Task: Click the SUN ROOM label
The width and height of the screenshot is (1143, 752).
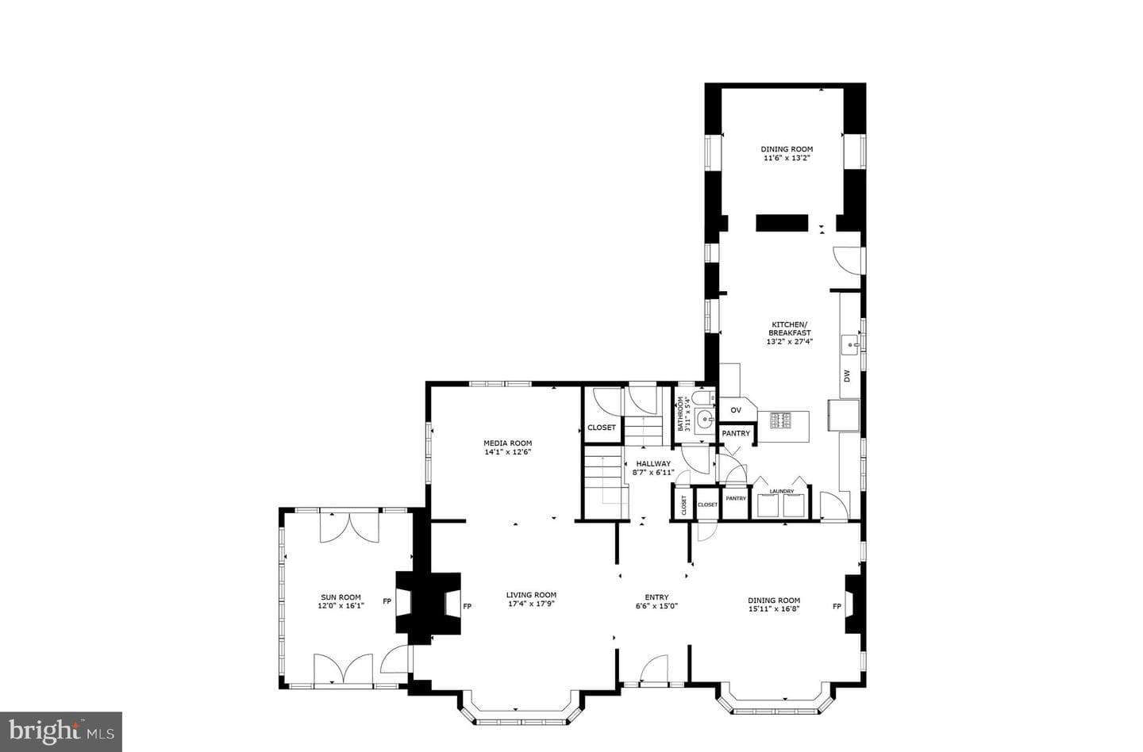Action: [341, 597]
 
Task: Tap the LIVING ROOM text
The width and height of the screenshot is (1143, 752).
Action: [531, 594]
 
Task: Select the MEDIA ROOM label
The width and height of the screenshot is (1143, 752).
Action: [508, 443]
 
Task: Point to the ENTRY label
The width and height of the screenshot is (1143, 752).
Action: [656, 597]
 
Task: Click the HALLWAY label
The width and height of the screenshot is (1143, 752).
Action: [653, 463]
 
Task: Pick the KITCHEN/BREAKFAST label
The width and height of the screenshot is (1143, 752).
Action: [789, 328]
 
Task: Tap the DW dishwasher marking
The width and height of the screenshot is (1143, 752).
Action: [848, 376]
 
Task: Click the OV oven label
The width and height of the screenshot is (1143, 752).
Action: [736, 410]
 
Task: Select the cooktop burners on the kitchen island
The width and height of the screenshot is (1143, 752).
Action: [781, 420]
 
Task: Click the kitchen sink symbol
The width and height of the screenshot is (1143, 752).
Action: [851, 345]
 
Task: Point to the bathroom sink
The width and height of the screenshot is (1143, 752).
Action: [705, 421]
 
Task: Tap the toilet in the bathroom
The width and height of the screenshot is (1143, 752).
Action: [705, 397]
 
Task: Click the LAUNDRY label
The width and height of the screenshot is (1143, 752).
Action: [782, 491]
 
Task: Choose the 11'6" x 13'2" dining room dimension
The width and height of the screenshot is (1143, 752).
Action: [787, 158]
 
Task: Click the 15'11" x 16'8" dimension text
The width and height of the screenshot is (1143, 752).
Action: [774, 608]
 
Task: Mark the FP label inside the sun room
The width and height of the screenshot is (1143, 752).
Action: [387, 601]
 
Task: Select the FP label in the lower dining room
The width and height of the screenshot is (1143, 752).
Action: [837, 606]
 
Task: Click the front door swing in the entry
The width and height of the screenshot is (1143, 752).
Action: [654, 669]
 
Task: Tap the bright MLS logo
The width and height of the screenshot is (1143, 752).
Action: [60, 732]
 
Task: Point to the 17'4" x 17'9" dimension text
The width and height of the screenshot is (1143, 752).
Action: [531, 604]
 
